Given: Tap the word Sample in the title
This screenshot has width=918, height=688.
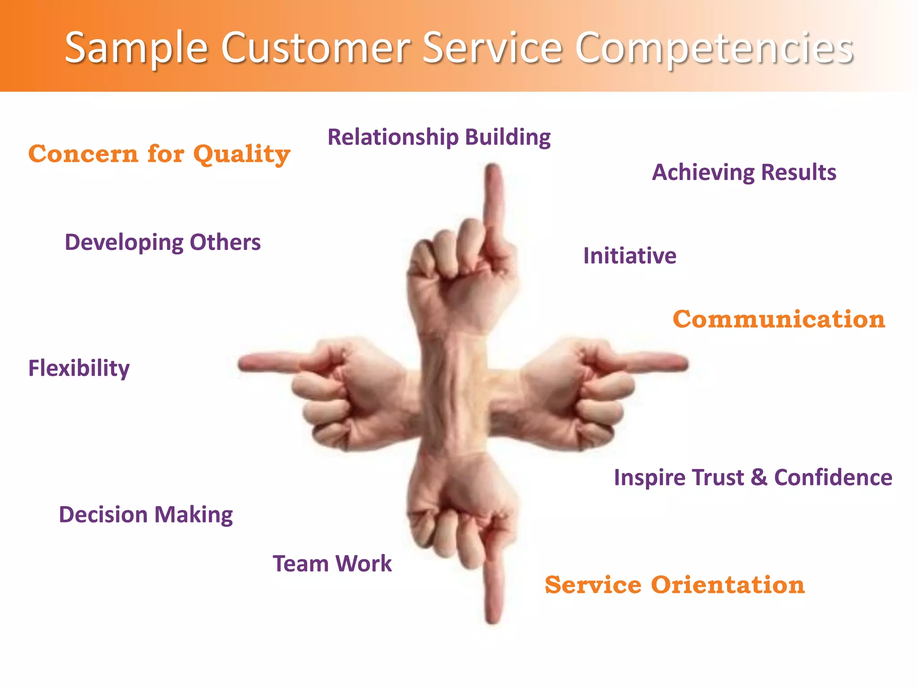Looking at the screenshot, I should [x=136, y=48].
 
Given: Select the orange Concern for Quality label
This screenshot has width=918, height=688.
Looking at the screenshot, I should [x=159, y=155].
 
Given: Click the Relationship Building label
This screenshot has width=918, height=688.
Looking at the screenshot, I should [x=439, y=137].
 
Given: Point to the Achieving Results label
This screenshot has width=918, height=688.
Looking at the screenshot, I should [x=744, y=172].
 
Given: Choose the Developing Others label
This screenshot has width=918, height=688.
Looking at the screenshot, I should [x=162, y=242].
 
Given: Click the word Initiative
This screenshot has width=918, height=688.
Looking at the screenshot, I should [x=629, y=256].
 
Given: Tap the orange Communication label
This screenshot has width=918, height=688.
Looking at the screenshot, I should [x=779, y=319].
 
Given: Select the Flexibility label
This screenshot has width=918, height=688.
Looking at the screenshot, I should [x=79, y=368].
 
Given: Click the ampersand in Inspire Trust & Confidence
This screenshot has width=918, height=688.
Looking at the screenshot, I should [x=759, y=477].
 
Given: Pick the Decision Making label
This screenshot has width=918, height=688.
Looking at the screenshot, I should [x=146, y=515].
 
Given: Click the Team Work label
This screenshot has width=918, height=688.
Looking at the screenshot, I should [x=332, y=563].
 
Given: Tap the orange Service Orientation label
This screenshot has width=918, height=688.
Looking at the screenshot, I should [x=675, y=585].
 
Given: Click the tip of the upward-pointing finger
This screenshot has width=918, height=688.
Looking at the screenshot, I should [x=493, y=168].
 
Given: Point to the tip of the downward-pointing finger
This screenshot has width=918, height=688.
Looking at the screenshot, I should [x=493, y=619].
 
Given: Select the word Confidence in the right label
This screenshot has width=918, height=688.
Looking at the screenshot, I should [x=833, y=477].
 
